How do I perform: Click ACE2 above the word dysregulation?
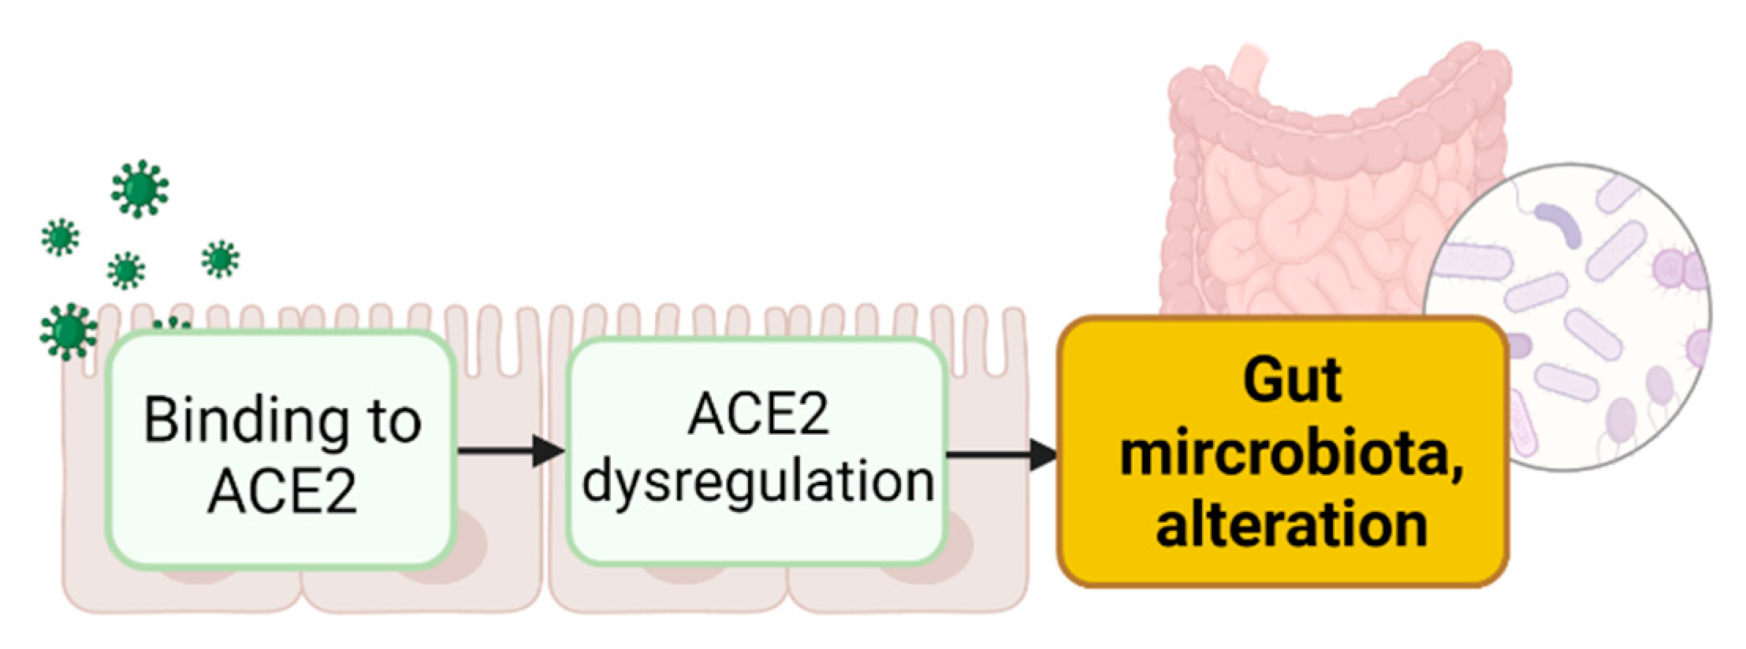point(758,414)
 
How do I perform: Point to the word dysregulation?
point(758,480)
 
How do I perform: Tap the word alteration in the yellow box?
point(1291,525)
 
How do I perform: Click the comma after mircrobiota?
point(1457,471)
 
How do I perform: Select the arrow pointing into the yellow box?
point(1001,454)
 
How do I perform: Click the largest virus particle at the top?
point(140,189)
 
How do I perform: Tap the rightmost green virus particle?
point(220,259)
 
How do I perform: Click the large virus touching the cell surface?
point(69,331)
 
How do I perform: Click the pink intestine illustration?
point(1309,197)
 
